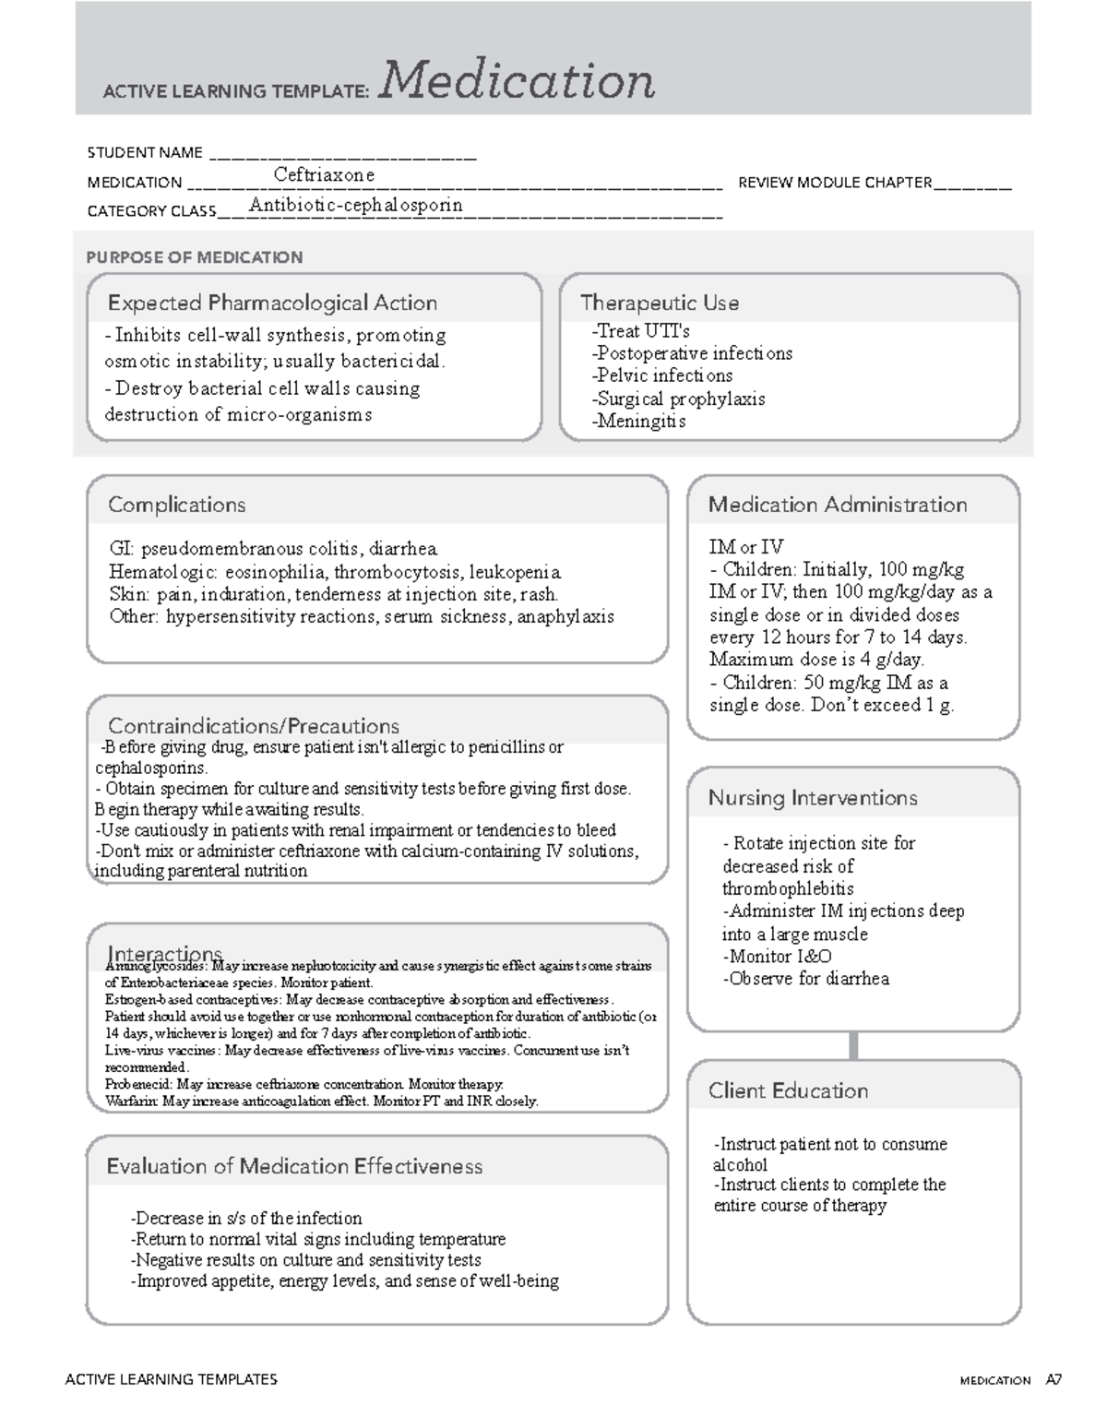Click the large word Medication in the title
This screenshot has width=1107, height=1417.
point(517,81)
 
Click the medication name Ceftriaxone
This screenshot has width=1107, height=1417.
point(324,175)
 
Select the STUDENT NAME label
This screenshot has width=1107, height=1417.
point(144,153)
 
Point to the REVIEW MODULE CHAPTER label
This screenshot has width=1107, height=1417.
point(834,183)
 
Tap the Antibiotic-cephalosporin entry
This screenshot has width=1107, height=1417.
point(355,205)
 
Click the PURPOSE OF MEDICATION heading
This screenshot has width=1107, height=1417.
point(194,257)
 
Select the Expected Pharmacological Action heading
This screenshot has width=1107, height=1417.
point(272,303)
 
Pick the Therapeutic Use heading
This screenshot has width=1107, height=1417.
point(659,303)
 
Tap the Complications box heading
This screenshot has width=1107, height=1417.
point(176,505)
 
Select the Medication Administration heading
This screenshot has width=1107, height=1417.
point(837,505)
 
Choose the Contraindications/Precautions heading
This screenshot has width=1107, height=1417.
point(254,726)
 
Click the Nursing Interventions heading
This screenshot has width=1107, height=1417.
point(812,798)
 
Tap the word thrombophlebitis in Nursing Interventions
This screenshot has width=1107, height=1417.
point(788,888)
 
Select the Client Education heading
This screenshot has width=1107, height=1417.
point(788,1090)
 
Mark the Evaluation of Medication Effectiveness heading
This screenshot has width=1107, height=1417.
point(294,1166)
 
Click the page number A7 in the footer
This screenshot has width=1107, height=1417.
point(1053,1380)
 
